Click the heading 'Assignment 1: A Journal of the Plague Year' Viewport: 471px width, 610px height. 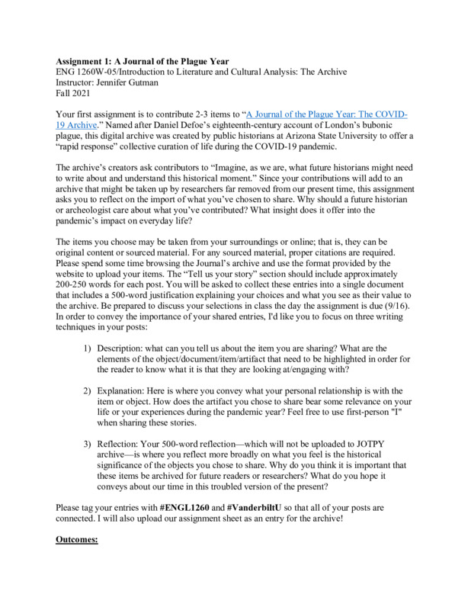tap(143, 60)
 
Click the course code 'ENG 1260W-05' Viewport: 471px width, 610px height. tap(90, 72)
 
